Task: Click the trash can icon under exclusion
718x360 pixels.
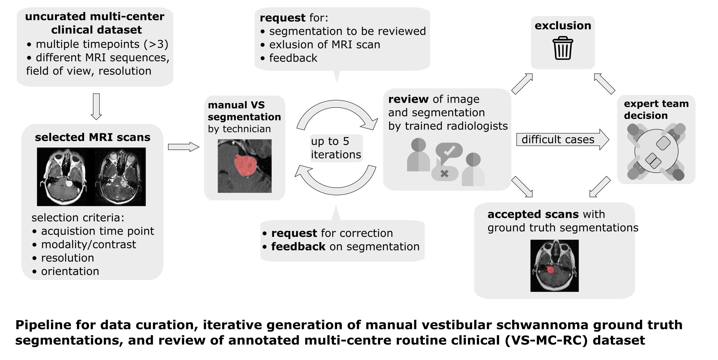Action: pyautogui.click(x=563, y=48)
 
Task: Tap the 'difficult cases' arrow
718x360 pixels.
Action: pyautogui.click(x=562, y=139)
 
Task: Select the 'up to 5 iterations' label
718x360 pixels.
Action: pyautogui.click(x=336, y=148)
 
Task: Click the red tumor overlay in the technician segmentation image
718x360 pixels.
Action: pyautogui.click(x=245, y=166)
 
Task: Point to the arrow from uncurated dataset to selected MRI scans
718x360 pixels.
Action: pyautogui.click(x=96, y=106)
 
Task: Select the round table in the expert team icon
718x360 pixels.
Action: pyautogui.click(x=656, y=152)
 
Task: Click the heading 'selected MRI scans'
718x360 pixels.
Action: pyautogui.click(x=93, y=137)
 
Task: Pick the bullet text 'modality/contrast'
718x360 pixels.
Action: pyautogui.click(x=88, y=244)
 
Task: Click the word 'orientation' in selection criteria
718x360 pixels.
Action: pyautogui.click(x=70, y=271)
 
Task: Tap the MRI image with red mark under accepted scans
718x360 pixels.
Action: pyautogui.click(x=554, y=265)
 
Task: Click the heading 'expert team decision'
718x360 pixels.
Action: pyautogui.click(x=656, y=109)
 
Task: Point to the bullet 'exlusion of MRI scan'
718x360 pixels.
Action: pyautogui.click(x=325, y=45)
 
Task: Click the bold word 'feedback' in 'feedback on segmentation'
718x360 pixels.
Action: pyautogui.click(x=298, y=247)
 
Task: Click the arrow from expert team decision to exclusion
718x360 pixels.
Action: pyautogui.click(x=604, y=84)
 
